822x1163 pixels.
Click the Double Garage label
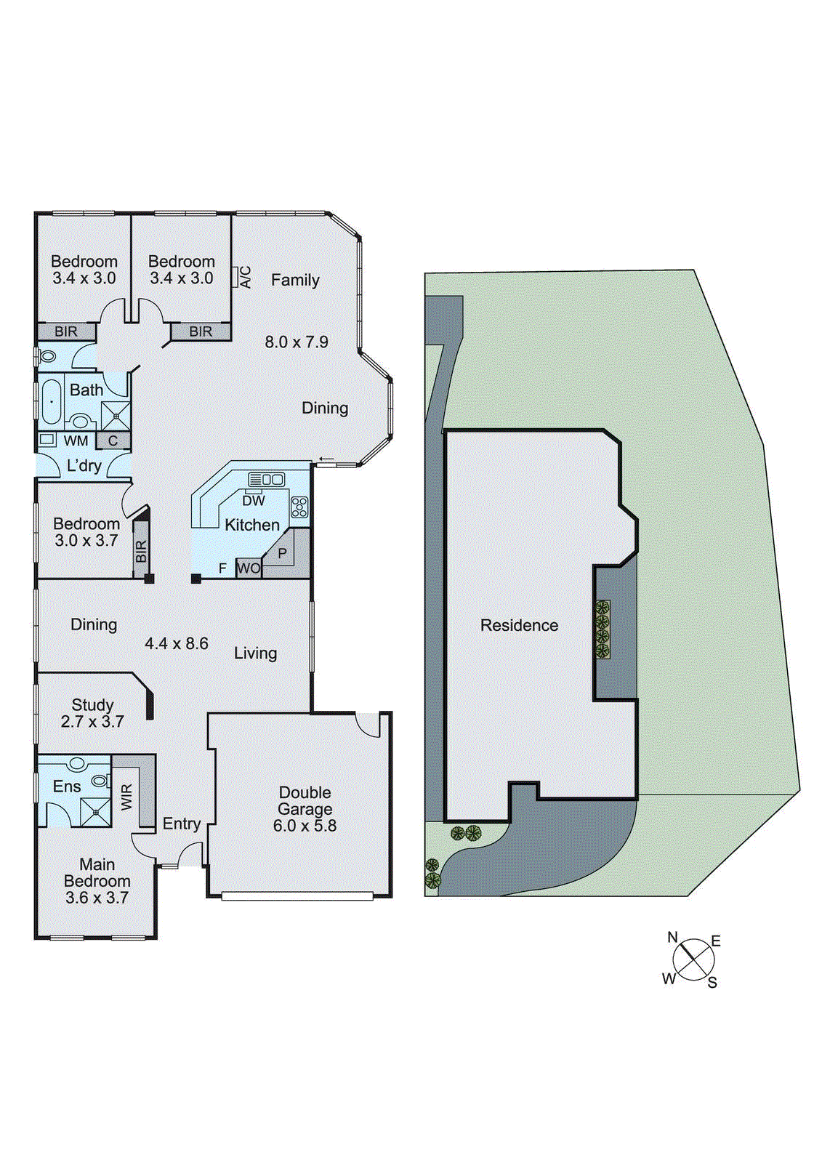tap(305, 809)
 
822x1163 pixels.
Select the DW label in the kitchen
tap(254, 501)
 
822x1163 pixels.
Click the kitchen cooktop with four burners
tap(299, 507)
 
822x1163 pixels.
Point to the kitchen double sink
tap(267, 479)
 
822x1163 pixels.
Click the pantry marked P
tap(283, 553)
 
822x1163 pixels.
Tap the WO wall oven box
tap(249, 568)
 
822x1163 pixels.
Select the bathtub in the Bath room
tap(52, 402)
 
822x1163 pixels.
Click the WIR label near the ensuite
tap(127, 797)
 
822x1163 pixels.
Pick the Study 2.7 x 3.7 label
tap(92, 713)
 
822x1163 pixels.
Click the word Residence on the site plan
tap(519, 625)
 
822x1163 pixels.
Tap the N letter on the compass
tap(672, 938)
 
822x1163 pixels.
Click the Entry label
tap(181, 824)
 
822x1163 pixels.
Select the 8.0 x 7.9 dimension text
tap(296, 342)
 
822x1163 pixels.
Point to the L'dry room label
tap(84, 466)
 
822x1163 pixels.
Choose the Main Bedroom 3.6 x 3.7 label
tap(97, 881)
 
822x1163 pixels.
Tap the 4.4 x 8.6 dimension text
tap(177, 643)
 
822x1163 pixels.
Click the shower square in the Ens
tap(95, 812)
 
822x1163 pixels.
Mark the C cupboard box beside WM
tap(113, 440)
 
